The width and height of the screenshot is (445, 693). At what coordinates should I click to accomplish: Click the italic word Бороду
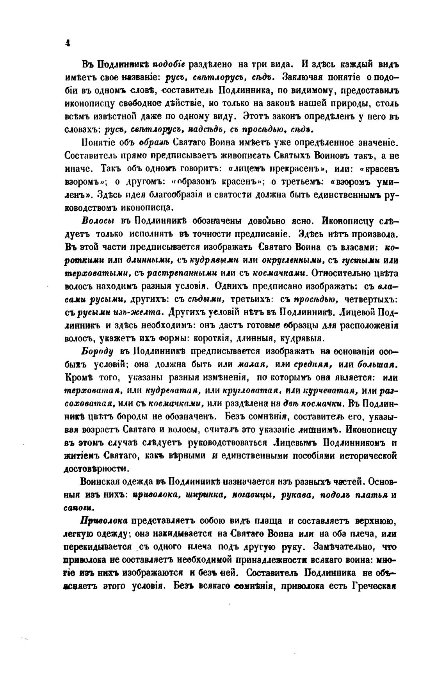pyautogui.click(x=97, y=351)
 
